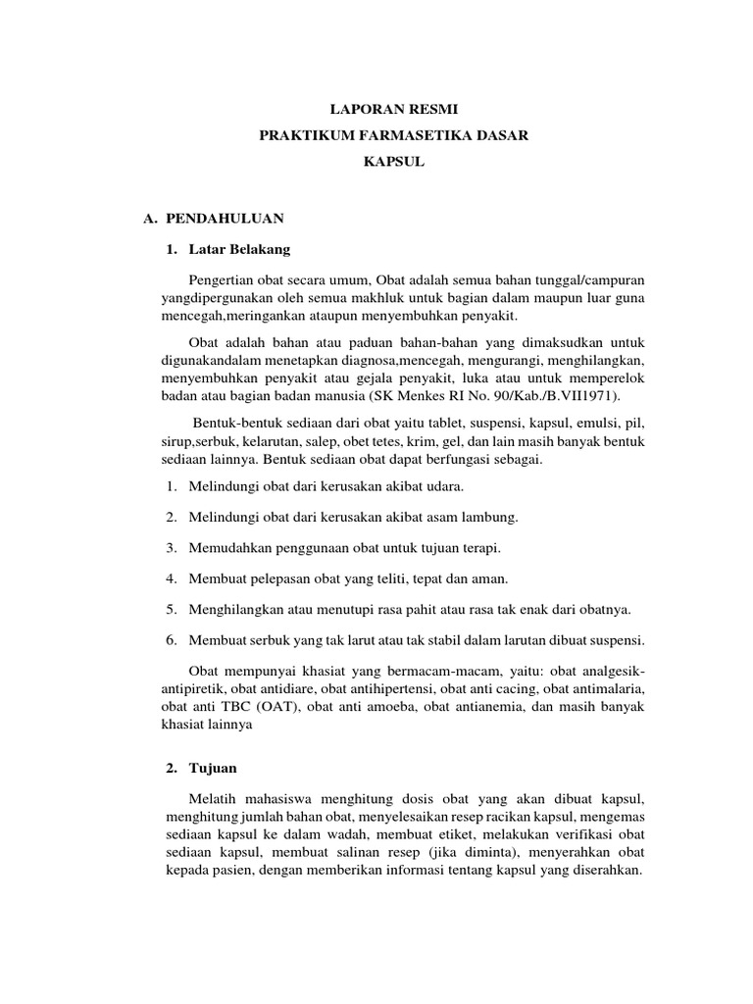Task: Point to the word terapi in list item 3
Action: click(479, 546)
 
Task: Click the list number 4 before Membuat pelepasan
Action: click(170, 577)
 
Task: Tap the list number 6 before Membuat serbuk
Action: click(170, 639)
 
